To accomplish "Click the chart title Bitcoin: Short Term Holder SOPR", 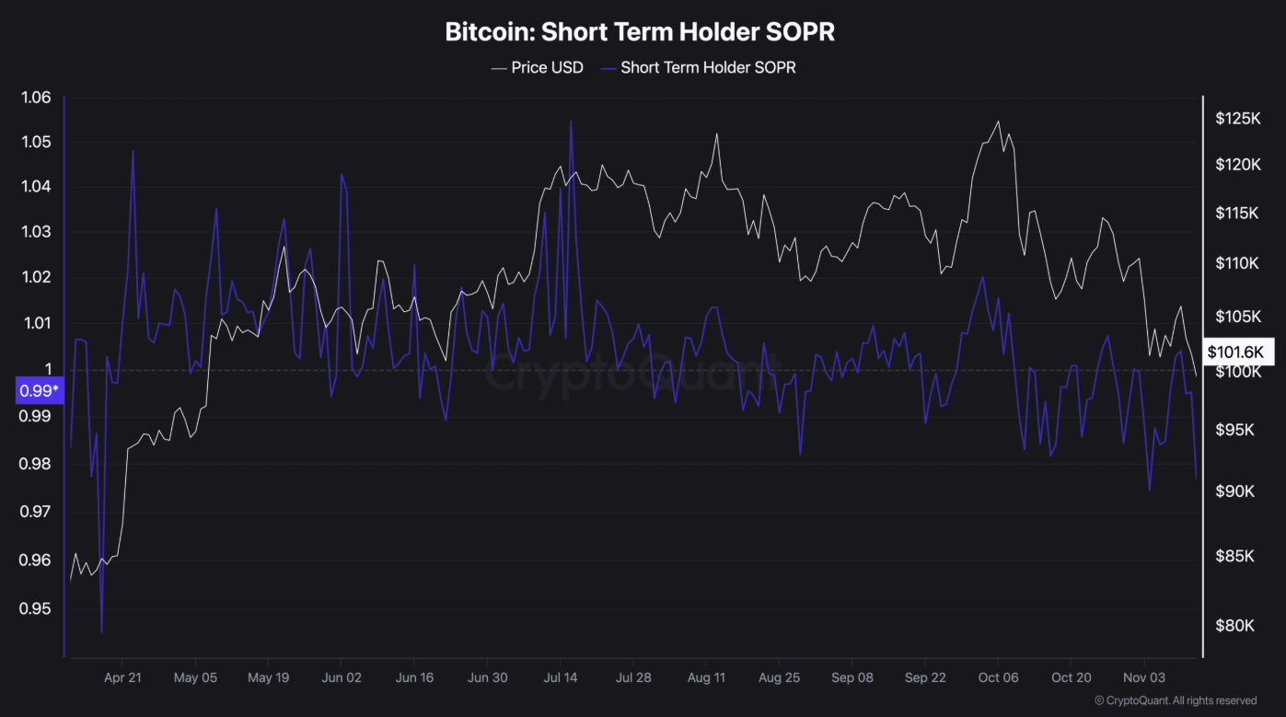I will [640, 31].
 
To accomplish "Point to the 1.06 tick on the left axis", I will [36, 98].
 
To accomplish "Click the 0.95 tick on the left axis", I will [36, 609].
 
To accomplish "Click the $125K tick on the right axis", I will [1237, 119].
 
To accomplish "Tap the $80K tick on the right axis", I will [1234, 626].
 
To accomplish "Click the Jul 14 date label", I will [560, 677].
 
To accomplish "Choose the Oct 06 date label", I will [998, 677].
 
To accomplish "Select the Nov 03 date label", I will [1144, 677].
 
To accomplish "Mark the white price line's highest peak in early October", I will [998, 121].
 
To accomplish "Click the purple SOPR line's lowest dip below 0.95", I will [101, 632].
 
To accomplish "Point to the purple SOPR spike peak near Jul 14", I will [571, 121].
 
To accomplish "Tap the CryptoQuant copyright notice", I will [1175, 700].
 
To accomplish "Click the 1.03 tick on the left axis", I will [36, 232].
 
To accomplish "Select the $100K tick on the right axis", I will [1237, 372].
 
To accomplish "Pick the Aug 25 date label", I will [779, 677].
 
